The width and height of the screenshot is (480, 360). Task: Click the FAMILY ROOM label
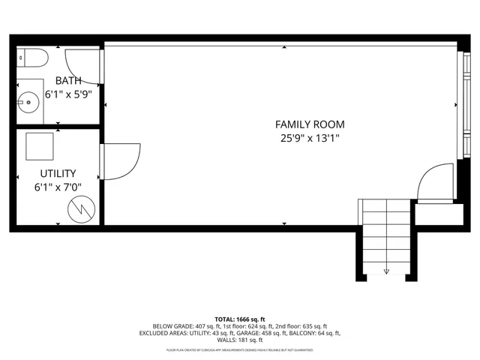point(310,124)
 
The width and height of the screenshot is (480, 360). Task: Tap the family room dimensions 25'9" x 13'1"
point(310,138)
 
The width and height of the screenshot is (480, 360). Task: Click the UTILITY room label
point(58,173)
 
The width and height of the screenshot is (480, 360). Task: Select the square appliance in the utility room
point(40,146)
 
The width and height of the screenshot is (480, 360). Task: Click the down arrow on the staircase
point(386,271)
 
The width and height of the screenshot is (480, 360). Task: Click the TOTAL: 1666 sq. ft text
point(239,319)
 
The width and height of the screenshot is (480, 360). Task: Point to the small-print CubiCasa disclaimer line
point(239,349)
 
